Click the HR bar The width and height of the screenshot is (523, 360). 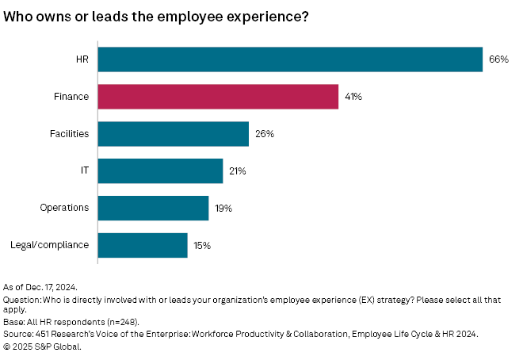290,59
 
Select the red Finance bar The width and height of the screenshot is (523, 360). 218,97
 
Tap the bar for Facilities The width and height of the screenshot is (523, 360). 173,134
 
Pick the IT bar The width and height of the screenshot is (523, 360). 160,170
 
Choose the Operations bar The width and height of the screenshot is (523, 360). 153,208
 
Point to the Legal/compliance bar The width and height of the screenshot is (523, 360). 143,245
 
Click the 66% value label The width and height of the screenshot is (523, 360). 498,59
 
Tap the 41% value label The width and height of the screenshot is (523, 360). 353,97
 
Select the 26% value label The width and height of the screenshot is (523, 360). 264,134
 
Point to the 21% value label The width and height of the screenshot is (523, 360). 238,170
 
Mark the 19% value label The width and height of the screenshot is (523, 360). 223,208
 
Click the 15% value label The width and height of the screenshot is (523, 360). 202,245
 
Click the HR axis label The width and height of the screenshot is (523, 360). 81,59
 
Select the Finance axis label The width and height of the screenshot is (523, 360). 71,97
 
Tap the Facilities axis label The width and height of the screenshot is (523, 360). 69,134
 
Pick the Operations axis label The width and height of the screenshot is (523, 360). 64,208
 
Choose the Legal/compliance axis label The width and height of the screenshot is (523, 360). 50,245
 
